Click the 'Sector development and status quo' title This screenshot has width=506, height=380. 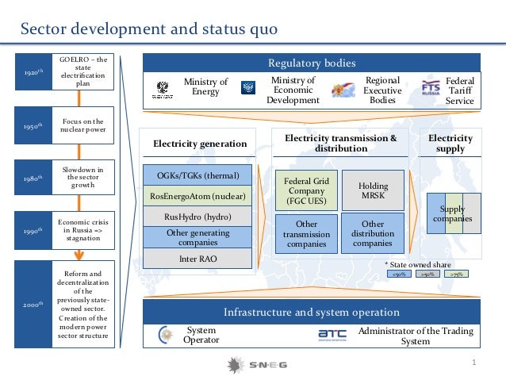click(x=149, y=29)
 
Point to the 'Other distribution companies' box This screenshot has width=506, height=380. click(x=373, y=233)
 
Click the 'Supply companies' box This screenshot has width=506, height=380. click(x=453, y=213)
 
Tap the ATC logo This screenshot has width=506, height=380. click(x=332, y=334)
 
